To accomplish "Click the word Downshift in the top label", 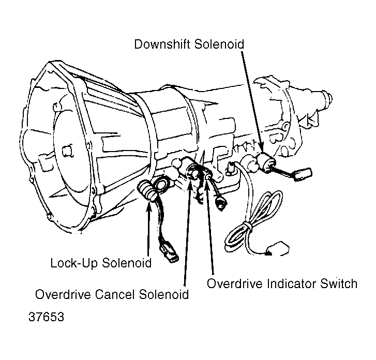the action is point(162,44).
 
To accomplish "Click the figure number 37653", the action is point(46,317).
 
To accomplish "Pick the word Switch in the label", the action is point(339,283).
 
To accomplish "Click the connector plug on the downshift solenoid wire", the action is point(303,173).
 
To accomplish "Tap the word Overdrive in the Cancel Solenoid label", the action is point(64,294).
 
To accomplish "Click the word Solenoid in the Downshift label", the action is point(219,44).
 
